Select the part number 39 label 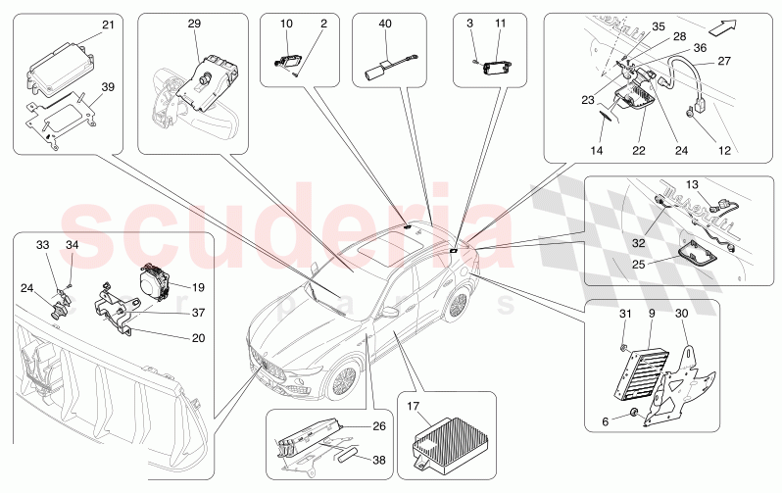coord(107,86)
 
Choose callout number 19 coord(197,287)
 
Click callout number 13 coord(691,183)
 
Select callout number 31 coord(622,313)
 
